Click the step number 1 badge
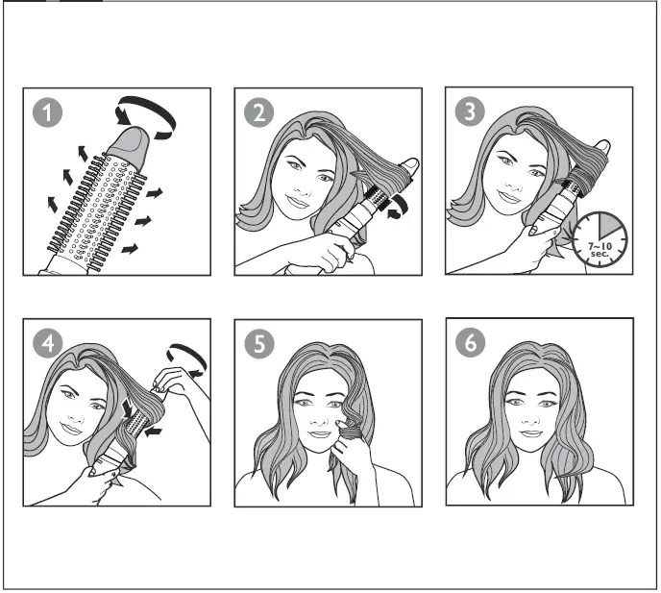click(47, 112)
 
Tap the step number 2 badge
click(258, 112)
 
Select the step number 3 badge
click(470, 111)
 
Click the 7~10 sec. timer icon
click(600, 238)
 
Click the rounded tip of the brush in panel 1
click(129, 144)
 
